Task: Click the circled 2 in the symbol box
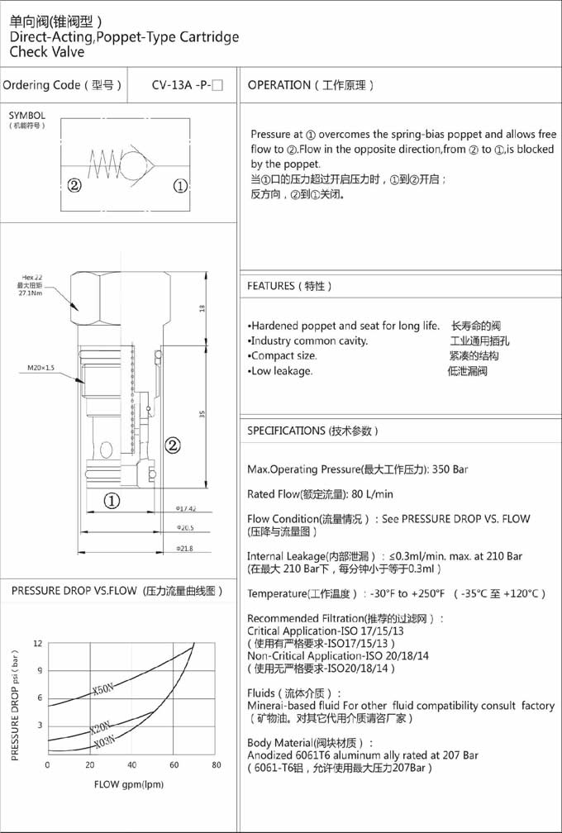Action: coord(74,185)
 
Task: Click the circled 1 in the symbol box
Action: coord(181,185)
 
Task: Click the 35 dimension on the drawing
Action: coord(202,413)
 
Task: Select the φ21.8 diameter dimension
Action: coord(184,548)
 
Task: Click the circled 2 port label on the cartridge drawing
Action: coord(173,446)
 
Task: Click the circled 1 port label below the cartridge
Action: coord(112,500)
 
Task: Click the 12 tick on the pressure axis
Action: coord(38,643)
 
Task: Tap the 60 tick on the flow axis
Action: coord(174,765)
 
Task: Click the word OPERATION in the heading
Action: coord(279,85)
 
